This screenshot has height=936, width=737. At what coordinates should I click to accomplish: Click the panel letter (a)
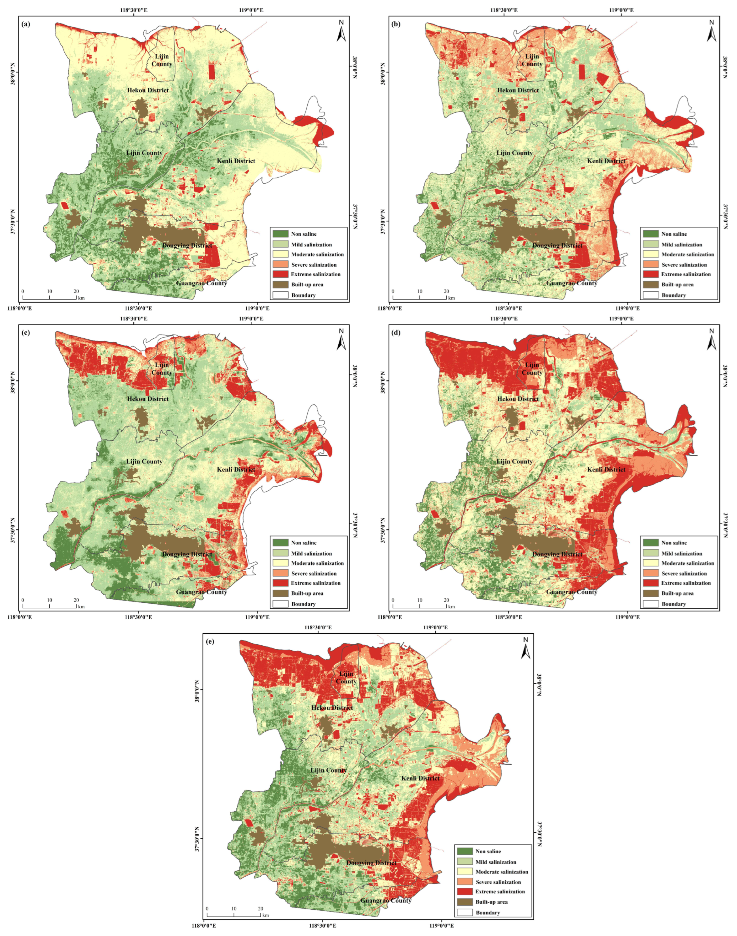tap(26, 24)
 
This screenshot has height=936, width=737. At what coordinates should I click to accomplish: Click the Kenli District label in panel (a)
tap(236, 161)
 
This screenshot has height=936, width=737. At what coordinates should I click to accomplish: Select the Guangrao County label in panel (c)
tap(202, 592)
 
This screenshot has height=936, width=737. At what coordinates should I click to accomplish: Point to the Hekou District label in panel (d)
tap(518, 399)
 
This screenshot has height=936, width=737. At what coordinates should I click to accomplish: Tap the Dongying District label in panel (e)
tap(371, 862)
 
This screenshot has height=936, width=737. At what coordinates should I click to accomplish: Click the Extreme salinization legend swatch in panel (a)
tap(280, 274)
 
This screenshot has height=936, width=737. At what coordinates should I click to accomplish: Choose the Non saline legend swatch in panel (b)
tap(651, 234)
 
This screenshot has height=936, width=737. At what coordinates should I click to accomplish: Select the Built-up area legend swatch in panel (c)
tap(280, 593)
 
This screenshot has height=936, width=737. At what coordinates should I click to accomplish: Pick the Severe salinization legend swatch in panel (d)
tap(651, 573)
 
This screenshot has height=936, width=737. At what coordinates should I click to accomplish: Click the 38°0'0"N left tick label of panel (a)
tap(13, 72)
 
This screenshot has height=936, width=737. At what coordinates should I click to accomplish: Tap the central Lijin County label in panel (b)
tap(514, 153)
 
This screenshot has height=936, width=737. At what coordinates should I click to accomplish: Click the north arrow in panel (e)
tap(525, 649)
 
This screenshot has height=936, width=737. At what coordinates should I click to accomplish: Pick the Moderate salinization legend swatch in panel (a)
tap(280, 254)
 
